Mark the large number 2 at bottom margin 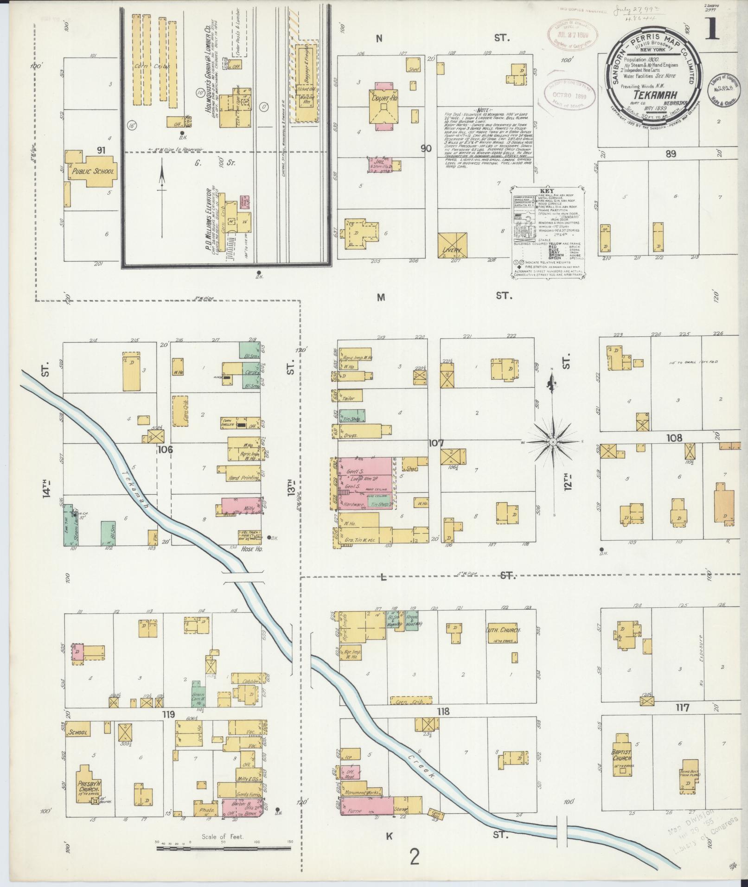pyautogui.click(x=414, y=857)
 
